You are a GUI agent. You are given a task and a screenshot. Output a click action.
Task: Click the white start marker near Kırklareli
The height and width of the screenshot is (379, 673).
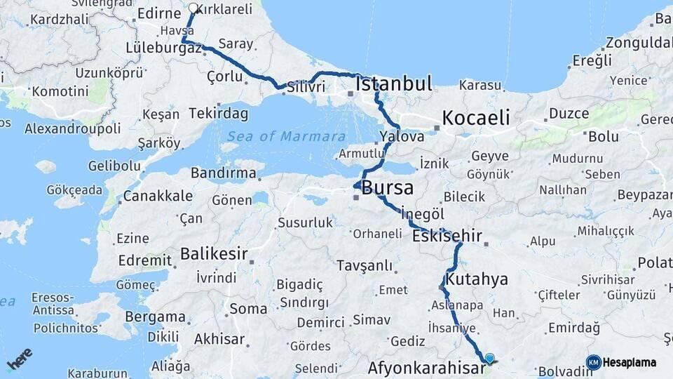pos(193,8)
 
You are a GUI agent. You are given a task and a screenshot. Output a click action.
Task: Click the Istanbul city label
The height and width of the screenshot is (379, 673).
pos(393,85)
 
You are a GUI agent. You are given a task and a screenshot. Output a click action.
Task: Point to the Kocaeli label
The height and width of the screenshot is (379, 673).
pos(475,117)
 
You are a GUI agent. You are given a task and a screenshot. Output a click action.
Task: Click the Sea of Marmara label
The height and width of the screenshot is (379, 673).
pos(286,136)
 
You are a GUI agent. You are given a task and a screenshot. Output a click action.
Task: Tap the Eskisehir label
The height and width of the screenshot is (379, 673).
pos(447,236)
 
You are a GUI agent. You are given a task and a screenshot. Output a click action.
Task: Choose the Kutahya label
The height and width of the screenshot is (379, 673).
pos(477,279)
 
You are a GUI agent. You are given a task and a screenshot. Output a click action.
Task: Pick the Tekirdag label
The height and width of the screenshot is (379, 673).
pos(219,114)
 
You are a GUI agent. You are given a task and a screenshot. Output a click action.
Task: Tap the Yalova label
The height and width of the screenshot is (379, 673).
pos(402,136)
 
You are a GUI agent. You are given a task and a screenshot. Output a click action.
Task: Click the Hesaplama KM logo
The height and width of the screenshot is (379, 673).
pos(622,362)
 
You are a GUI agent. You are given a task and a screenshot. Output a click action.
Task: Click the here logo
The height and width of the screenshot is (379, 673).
pos(20,359)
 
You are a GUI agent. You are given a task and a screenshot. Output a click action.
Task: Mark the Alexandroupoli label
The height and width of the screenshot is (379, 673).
pos(72,128)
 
